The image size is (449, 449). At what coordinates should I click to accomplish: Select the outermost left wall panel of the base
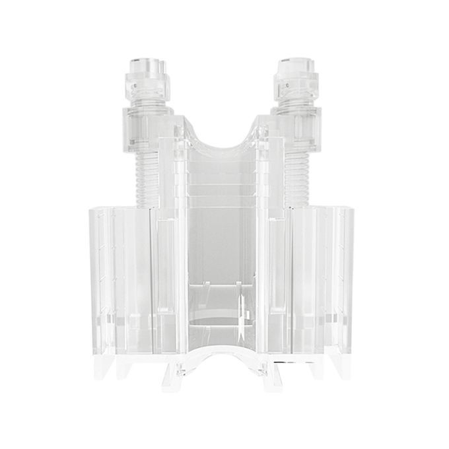pyautogui.click(x=99, y=284)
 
